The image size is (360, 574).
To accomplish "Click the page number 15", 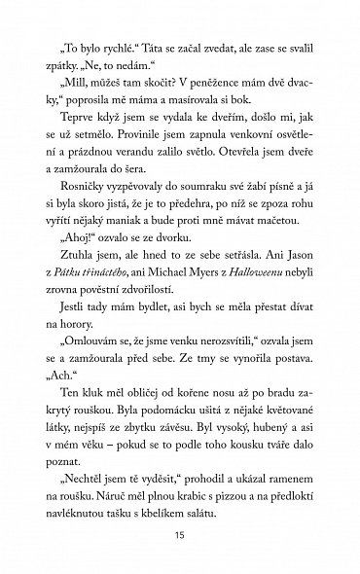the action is tap(179, 538).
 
